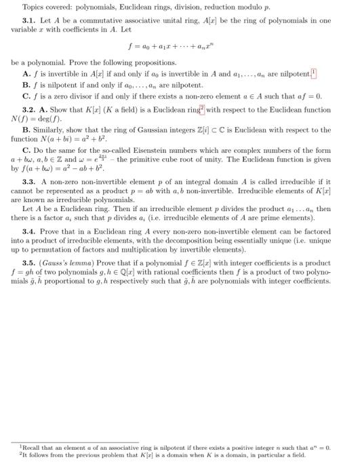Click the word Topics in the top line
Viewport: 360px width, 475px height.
pyautogui.click(x=33, y=7)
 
